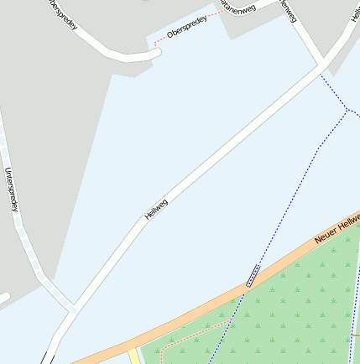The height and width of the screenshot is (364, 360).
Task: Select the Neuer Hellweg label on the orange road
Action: (x=336, y=230)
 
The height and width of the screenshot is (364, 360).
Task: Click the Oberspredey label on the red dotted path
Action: (x=186, y=31)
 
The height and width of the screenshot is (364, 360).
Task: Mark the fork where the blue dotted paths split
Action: (x=347, y=109)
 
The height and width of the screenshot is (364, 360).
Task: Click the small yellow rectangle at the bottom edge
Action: (x=134, y=356)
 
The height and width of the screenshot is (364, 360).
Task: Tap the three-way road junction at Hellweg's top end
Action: (x=323, y=65)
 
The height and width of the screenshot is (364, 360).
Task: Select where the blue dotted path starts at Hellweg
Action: (x=321, y=75)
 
